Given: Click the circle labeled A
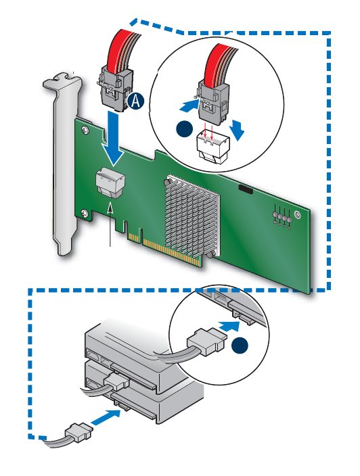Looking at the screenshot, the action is coord(135,101).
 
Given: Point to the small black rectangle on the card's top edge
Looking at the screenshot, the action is coord(246,189).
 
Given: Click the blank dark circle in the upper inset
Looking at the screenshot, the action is coord(185,129).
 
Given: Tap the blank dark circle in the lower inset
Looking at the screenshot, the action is coord(240,346).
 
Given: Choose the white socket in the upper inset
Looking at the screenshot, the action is coord(213,147).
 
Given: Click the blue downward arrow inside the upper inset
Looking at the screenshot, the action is coord(238,130).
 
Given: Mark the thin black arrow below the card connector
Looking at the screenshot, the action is coord(110,224).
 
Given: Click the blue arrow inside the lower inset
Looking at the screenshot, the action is coord(229,326).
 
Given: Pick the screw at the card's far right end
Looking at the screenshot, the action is coord(298,215).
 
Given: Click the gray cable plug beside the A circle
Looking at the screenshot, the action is coord(115,87).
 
